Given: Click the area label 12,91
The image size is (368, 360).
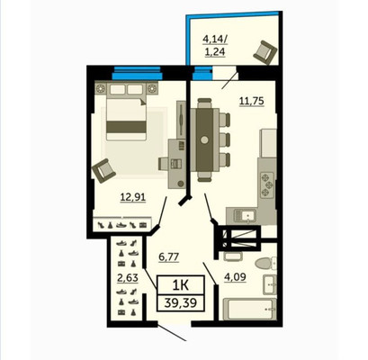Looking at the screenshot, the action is click(133, 197).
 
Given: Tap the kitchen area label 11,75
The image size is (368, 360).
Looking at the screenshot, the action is click(251, 101).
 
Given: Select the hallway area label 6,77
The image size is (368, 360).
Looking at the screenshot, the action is click(168, 257).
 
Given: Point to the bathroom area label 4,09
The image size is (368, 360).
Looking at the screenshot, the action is click(235, 277).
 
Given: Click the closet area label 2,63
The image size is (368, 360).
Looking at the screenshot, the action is click(128, 278).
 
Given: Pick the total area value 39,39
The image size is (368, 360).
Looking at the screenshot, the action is click(181, 302).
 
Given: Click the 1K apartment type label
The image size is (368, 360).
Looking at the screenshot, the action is click(181, 284).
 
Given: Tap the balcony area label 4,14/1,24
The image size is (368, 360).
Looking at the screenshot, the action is click(214, 45).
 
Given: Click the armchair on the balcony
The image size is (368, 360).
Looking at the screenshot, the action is click(265, 52).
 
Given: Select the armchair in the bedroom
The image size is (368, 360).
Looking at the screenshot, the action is click(103, 170).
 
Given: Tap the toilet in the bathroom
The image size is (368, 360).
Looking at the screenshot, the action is click(265, 264).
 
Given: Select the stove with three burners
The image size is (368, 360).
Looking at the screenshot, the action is click(267, 184).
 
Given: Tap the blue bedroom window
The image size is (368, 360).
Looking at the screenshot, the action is click(137, 74).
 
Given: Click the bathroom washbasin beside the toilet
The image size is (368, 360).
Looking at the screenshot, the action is click(270, 284).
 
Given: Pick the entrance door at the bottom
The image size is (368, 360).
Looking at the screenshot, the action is click(172, 332).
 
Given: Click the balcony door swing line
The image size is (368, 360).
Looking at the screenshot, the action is click(229, 80).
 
